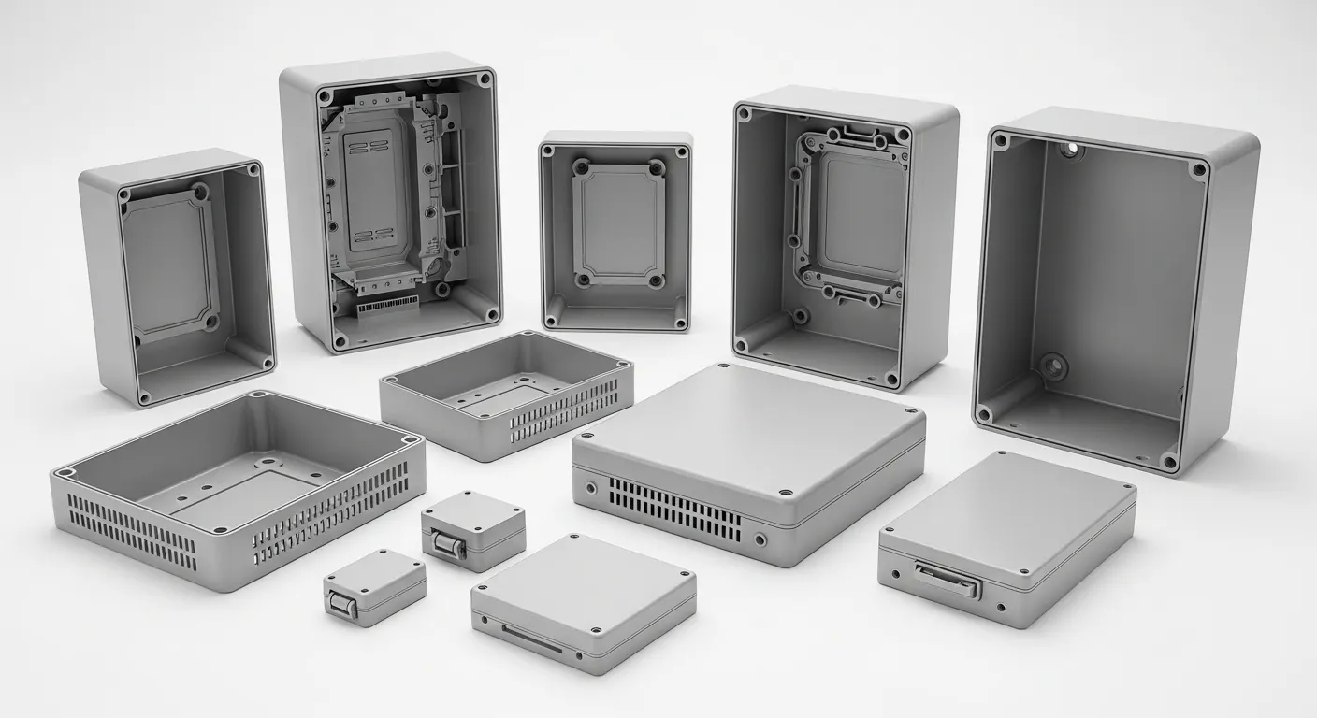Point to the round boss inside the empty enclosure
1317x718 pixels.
(x=1054, y=366)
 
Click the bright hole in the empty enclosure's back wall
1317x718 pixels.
(x=1070, y=149)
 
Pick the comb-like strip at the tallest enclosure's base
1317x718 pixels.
(x=387, y=306)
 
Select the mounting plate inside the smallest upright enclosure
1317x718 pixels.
(x=618, y=223)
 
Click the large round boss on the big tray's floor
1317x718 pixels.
(x=268, y=462)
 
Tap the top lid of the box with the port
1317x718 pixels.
(x=1008, y=509)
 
